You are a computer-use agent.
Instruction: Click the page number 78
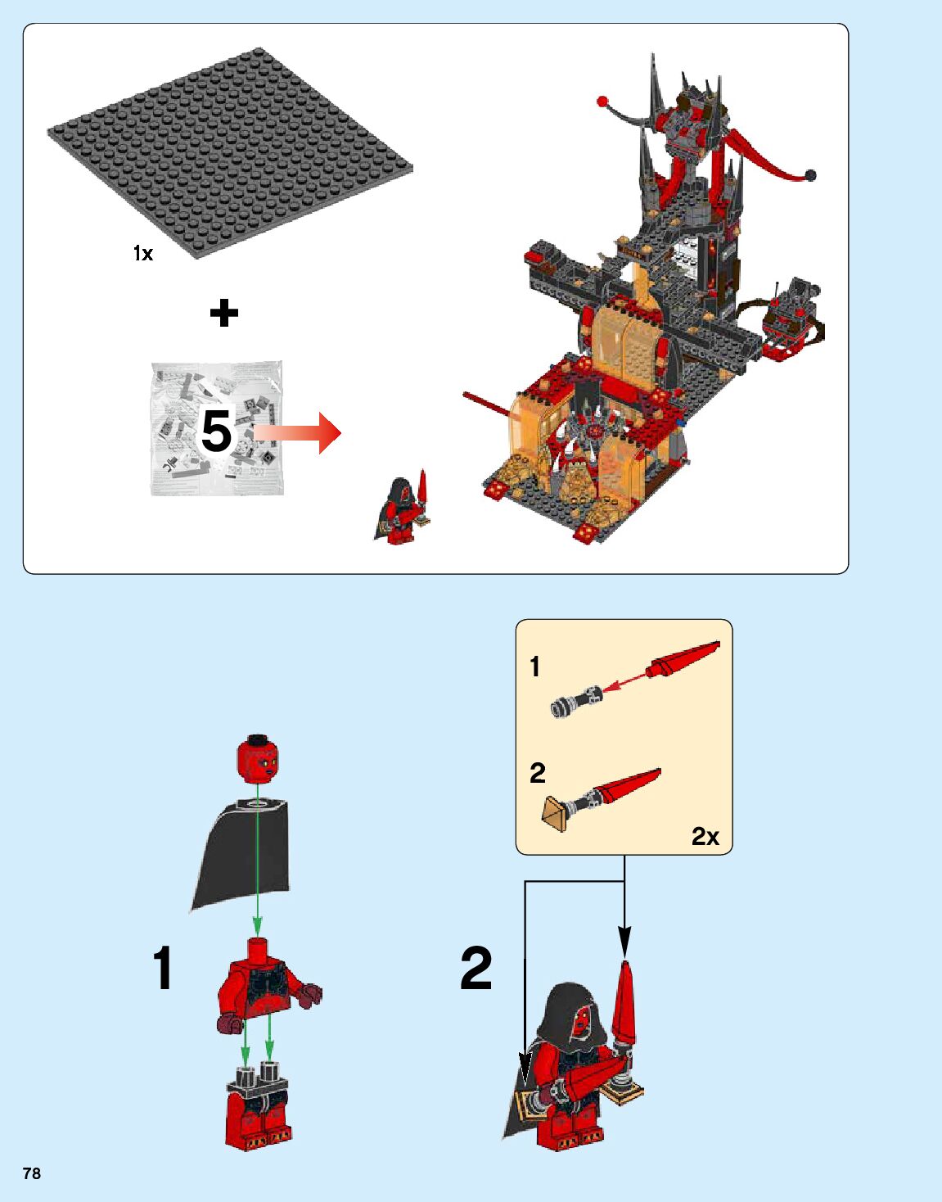coord(32,1173)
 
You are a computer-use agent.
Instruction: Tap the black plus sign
coord(223,314)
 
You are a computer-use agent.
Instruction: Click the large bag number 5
coord(217,431)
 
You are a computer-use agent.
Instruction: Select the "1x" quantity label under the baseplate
coord(143,254)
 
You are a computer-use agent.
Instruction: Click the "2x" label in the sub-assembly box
coord(705,836)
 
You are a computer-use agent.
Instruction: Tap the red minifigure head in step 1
coord(257,757)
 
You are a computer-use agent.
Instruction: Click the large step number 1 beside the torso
coord(163,967)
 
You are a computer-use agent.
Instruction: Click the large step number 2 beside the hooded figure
coord(476,967)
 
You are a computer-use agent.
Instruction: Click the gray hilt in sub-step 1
coord(576,702)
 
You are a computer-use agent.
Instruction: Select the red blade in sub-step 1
coord(683,659)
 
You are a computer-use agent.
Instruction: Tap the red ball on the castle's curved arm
coord(603,102)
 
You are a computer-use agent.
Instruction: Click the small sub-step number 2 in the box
coord(537,772)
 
